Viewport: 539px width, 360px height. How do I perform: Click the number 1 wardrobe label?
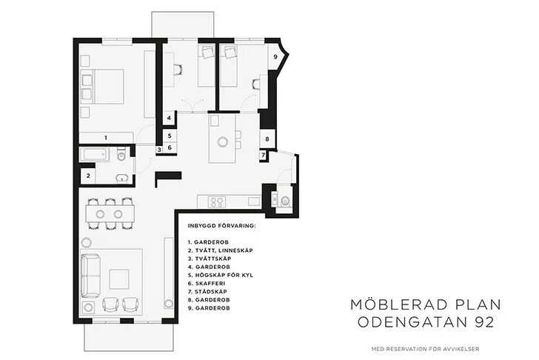pos(106,138)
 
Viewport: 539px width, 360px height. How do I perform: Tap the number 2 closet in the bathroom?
pos(88,176)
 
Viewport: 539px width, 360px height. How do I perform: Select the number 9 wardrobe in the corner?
pos(275,57)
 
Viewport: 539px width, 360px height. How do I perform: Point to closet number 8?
pos(267,139)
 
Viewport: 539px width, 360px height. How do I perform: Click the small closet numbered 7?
pos(264,155)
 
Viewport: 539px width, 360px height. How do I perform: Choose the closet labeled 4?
pos(169,118)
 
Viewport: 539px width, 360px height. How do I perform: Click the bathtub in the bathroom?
pos(96,155)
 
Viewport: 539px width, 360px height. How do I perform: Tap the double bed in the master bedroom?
pos(102,87)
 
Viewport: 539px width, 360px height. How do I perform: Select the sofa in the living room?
pos(90,276)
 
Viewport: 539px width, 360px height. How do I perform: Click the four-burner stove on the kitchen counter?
pos(217,201)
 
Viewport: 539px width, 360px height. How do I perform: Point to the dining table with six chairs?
pos(110,214)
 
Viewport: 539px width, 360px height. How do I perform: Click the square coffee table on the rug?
pos(119,279)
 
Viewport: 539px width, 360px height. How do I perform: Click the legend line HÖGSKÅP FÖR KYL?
pos(221,275)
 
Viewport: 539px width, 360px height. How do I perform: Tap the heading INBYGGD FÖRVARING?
pos(221,226)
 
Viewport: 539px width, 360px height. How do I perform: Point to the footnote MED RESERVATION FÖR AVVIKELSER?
pos(425,349)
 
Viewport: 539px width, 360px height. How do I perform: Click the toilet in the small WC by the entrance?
pos(285,201)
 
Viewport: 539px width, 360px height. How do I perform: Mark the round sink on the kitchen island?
pos(223,141)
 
